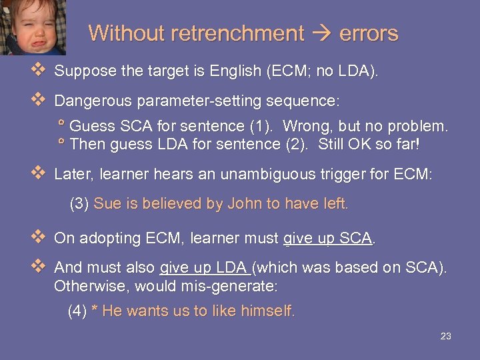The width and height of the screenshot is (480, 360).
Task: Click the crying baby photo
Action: [32, 27]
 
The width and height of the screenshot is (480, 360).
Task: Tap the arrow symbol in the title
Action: [321, 33]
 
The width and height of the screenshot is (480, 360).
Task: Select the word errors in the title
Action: [369, 33]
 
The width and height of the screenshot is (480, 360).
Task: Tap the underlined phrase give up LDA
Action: [205, 267]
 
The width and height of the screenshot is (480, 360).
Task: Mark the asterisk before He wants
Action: [95, 311]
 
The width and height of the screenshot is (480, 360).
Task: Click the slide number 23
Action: [446, 337]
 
